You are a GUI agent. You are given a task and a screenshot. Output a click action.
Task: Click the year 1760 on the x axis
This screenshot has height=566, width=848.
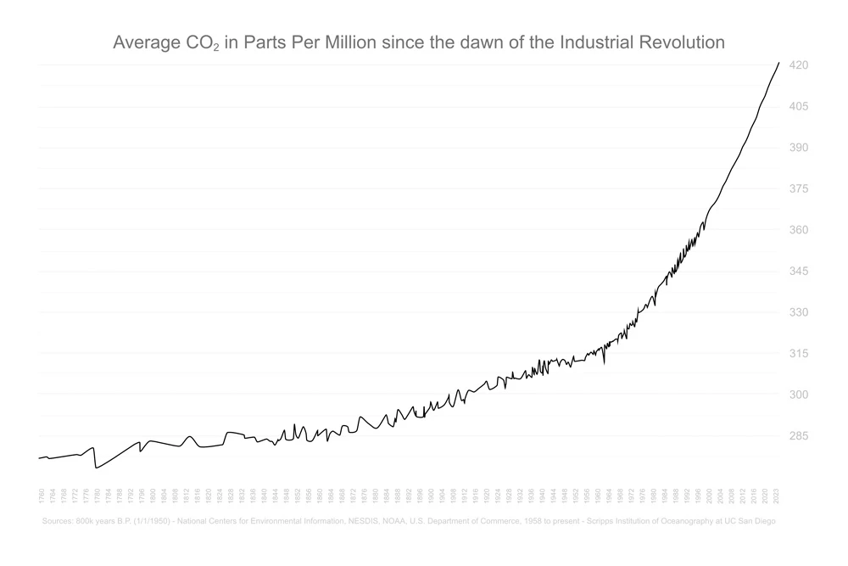[41, 495]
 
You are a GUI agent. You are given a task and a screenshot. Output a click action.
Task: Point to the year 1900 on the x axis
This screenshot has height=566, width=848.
[431, 495]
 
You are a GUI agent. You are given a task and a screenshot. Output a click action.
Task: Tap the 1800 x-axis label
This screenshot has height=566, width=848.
[153, 495]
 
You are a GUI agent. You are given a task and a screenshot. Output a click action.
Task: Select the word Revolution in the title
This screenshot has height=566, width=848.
[683, 42]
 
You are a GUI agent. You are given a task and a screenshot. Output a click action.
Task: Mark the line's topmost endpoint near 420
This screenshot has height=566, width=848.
[779, 63]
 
